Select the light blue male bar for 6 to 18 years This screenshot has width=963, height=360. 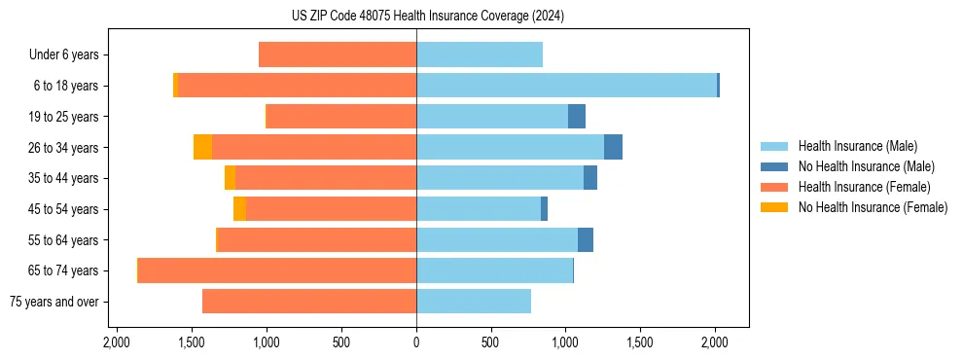point(566,86)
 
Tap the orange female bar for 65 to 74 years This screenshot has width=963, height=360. point(277,270)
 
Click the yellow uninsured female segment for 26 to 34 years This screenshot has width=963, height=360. point(202,147)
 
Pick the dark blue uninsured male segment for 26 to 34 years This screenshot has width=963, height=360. point(613,147)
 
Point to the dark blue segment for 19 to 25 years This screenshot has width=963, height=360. point(577,117)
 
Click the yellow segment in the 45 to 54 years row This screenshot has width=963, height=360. point(239,209)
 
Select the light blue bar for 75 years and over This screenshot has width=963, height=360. point(474,302)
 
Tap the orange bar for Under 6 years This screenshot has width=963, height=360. point(338,54)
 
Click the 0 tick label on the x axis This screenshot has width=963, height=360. point(416,343)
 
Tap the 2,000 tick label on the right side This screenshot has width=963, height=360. point(715,343)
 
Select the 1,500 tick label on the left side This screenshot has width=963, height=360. point(191,343)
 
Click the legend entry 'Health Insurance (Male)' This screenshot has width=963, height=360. point(857,146)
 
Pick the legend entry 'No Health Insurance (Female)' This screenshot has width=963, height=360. point(873,207)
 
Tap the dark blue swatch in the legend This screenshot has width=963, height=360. point(774,166)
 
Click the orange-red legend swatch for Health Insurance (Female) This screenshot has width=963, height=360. point(774,187)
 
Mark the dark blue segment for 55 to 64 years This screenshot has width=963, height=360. point(586,239)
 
